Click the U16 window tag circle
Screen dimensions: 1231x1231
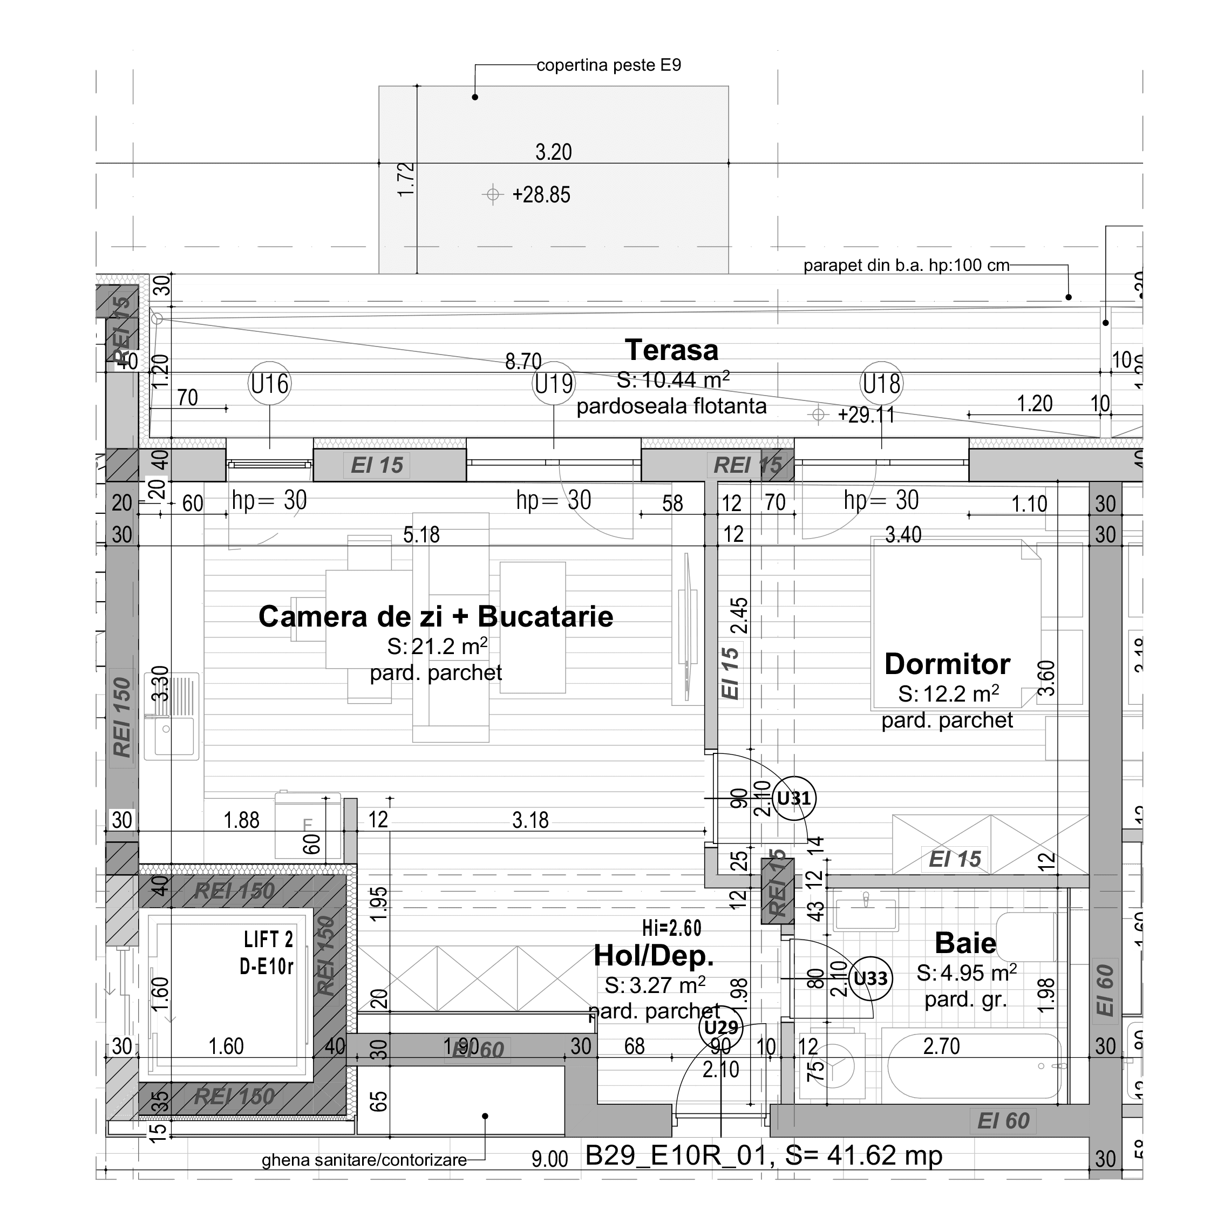click(269, 384)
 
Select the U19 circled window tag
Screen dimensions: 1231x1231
click(554, 384)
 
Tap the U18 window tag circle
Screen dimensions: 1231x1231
click(881, 384)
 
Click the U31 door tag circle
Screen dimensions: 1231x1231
click(794, 798)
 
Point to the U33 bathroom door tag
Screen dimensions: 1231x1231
click(870, 978)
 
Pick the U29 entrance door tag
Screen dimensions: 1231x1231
click(721, 1027)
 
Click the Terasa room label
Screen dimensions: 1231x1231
click(671, 350)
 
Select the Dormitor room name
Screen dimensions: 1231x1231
click(947, 664)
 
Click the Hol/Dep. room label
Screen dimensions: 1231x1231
click(654, 955)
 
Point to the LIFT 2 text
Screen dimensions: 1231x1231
click(268, 939)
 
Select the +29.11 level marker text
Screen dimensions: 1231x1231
click(866, 415)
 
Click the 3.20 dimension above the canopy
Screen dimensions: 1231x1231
click(553, 152)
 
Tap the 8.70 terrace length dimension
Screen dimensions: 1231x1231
click(523, 361)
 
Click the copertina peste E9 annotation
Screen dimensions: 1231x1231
click(609, 65)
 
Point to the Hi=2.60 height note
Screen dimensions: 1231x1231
click(671, 928)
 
